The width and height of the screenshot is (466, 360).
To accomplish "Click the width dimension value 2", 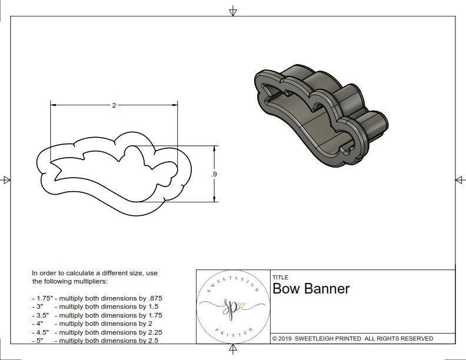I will (x=114, y=105).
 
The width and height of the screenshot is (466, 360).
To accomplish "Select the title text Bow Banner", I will (x=311, y=289).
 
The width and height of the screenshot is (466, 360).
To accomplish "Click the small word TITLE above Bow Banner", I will (x=280, y=278).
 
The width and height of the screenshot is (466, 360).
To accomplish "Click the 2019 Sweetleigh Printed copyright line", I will (x=352, y=339).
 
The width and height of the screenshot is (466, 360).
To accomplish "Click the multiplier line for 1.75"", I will (x=96, y=298).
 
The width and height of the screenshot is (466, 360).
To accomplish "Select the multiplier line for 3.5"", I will (x=96, y=315).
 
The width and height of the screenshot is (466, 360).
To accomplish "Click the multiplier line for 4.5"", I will (x=96, y=332).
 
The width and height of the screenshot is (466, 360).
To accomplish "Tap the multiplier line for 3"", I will (x=94, y=306).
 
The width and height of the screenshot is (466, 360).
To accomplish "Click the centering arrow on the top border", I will (x=233, y=11).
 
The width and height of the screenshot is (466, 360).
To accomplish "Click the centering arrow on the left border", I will (x=6, y=180).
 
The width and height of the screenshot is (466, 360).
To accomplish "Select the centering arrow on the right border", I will (x=460, y=180).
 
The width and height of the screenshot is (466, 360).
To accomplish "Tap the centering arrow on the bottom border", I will (x=233, y=350).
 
